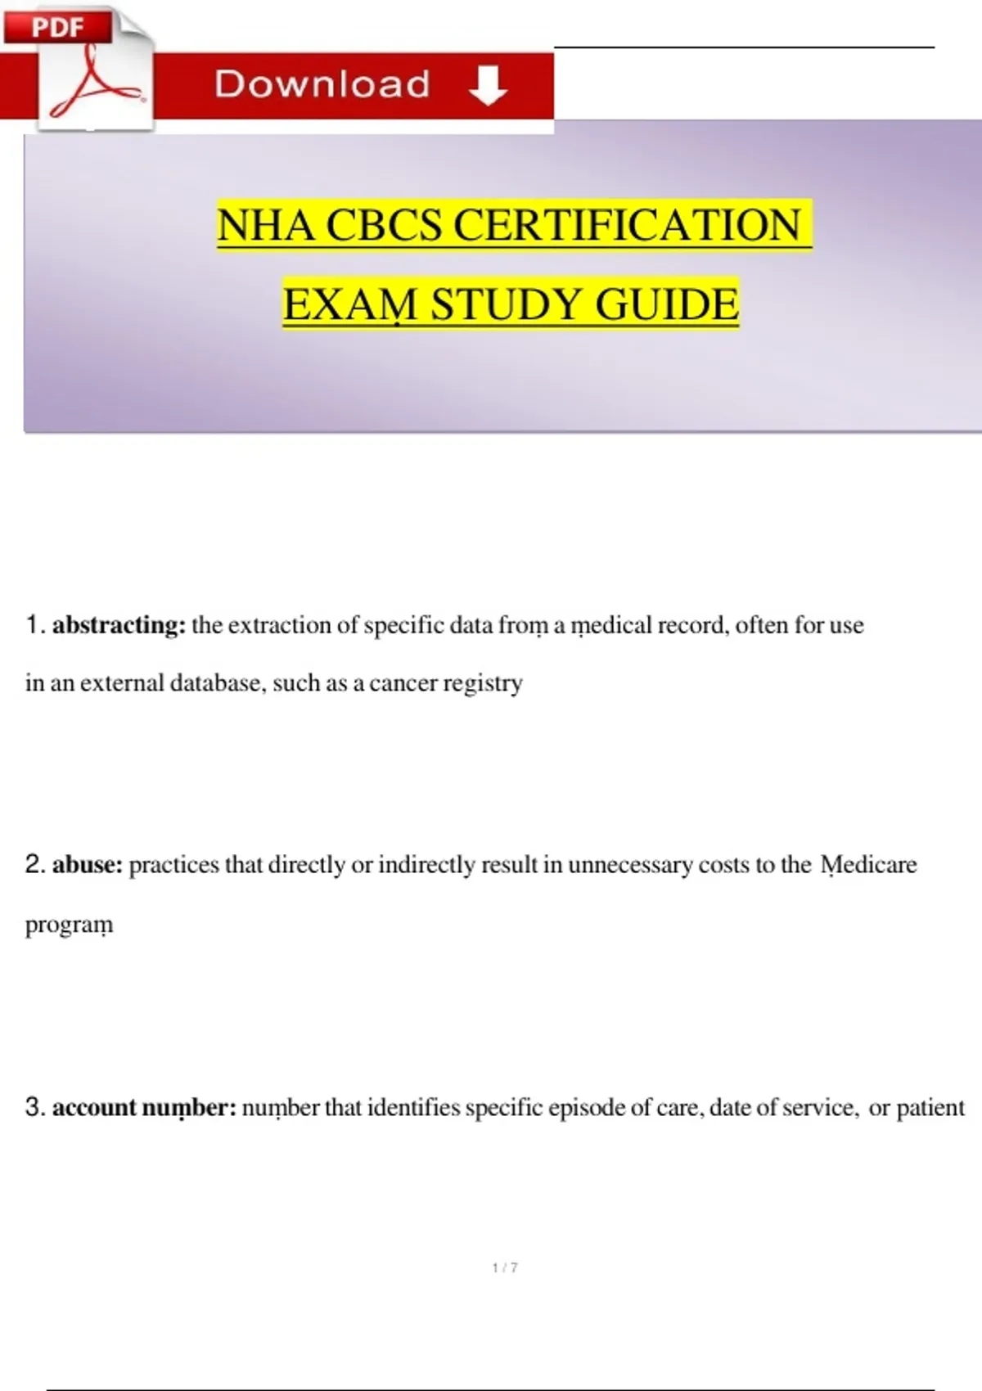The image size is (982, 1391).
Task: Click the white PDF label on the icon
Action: [x=57, y=27]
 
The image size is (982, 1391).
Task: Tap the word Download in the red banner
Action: [x=322, y=85]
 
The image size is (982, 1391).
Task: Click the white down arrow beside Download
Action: [x=489, y=86]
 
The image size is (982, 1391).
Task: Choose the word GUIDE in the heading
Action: [x=667, y=304]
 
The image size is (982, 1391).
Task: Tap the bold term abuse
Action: [x=87, y=865]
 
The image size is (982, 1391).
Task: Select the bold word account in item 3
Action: [x=94, y=1107]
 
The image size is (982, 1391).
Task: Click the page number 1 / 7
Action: [x=505, y=1267]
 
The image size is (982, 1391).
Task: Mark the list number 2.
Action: [x=34, y=864]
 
